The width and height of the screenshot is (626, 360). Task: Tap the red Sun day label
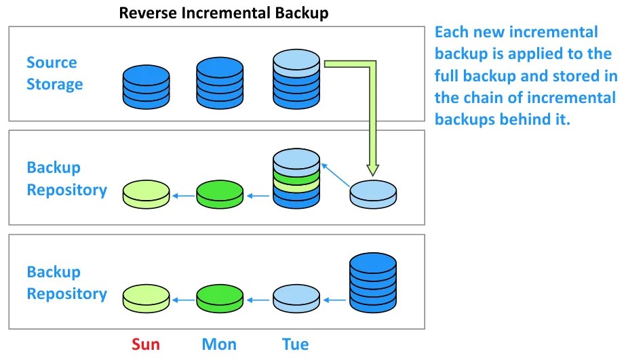(x=146, y=344)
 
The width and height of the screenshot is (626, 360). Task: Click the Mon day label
(x=219, y=344)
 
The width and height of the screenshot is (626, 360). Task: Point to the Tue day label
(x=295, y=344)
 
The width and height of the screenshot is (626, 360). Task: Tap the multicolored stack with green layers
(x=296, y=180)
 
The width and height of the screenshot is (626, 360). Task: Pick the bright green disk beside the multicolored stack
(x=219, y=195)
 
